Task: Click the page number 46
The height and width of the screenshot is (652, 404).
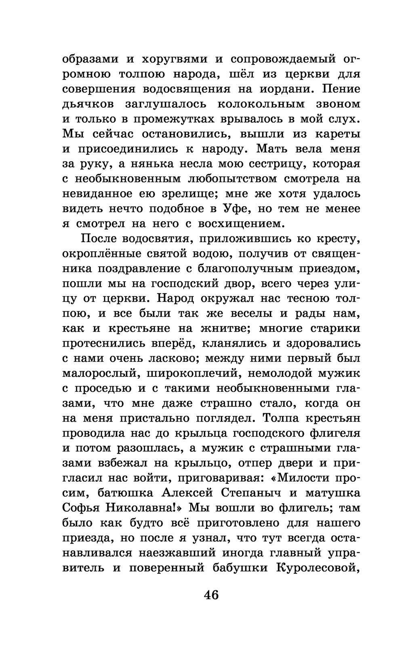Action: (x=211, y=595)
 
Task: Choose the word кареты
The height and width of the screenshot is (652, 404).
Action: (x=337, y=134)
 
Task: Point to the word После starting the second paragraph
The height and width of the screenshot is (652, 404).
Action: (x=99, y=239)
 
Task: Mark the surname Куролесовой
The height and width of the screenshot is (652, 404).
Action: (x=318, y=567)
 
